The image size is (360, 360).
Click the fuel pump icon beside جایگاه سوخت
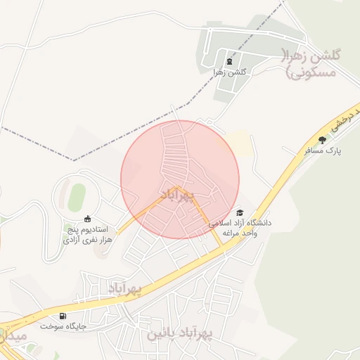click(x=64, y=316)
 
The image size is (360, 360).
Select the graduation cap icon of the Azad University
click(x=240, y=212)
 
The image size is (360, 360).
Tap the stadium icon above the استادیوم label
click(x=86, y=219)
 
